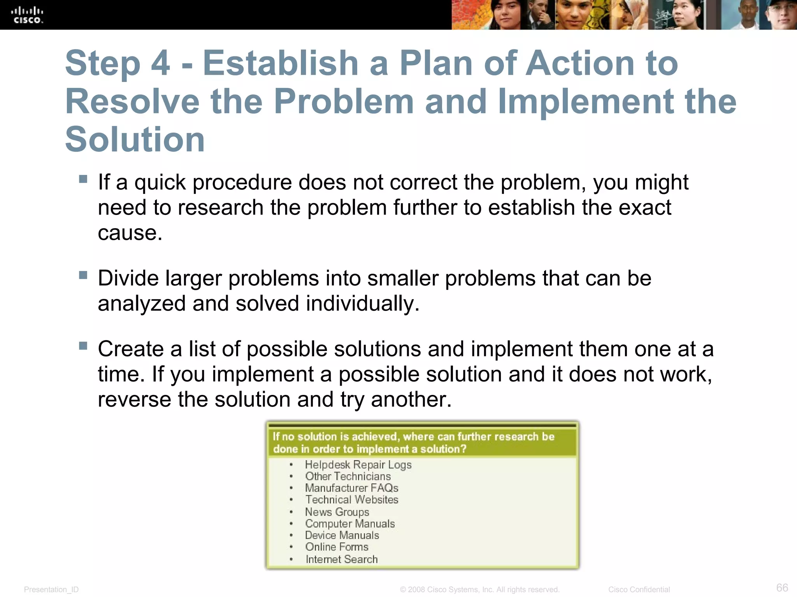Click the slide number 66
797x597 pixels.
pyautogui.click(x=782, y=587)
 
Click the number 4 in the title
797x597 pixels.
pyautogui.click(x=160, y=63)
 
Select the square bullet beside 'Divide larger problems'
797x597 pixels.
pyautogui.click(x=83, y=275)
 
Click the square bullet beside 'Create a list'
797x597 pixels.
pyautogui.click(x=83, y=346)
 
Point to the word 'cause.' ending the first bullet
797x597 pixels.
pyautogui.click(x=130, y=233)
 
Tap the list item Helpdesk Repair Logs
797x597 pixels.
pyautogui.click(x=358, y=464)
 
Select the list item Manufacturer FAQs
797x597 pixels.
pyautogui.click(x=351, y=488)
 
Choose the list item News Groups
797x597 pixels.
pyautogui.click(x=337, y=512)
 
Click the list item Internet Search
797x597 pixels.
pyautogui.click(x=341, y=559)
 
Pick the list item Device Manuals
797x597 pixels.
pyautogui.click(x=342, y=535)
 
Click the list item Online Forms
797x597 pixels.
pyautogui.click(x=337, y=547)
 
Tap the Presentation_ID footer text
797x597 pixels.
pyautogui.click(x=51, y=590)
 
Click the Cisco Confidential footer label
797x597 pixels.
pyautogui.click(x=639, y=590)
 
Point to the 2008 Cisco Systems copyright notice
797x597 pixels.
pyautogui.click(x=479, y=590)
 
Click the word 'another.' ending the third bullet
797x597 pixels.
pyautogui.click(x=411, y=400)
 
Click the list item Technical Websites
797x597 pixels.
pyautogui.click(x=351, y=499)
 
